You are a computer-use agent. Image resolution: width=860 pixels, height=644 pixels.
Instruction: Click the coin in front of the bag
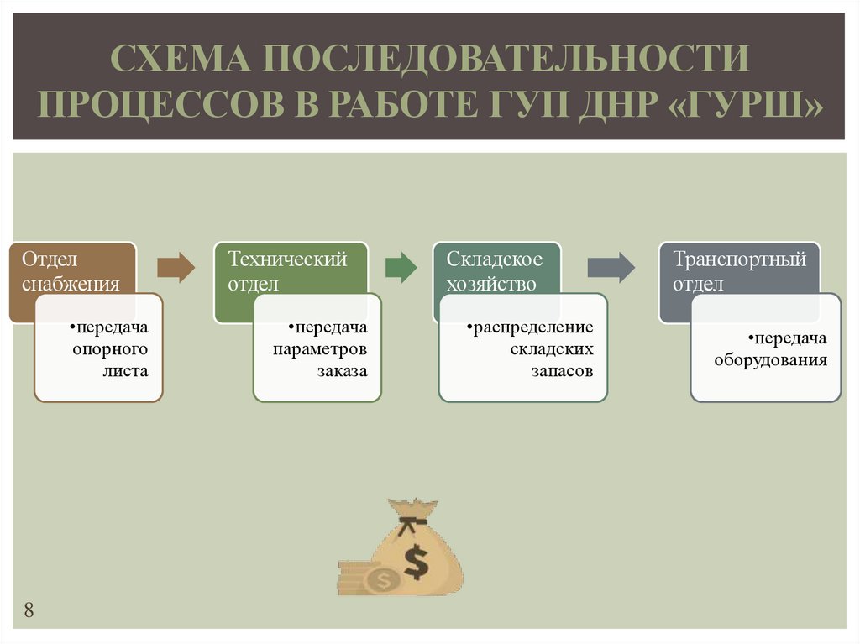click(x=383, y=579)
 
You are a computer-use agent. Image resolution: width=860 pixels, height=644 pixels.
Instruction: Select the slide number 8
click(x=29, y=610)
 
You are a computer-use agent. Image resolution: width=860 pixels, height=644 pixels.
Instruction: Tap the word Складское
click(x=495, y=259)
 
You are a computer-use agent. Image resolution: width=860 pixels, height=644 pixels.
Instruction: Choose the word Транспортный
click(x=739, y=259)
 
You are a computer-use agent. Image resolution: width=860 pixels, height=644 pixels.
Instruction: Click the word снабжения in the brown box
click(x=71, y=284)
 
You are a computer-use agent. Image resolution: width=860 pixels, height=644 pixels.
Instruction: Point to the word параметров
click(x=320, y=348)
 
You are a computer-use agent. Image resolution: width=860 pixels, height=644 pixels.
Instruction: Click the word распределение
click(x=531, y=326)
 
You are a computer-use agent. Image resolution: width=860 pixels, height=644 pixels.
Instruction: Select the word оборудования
click(x=771, y=360)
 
